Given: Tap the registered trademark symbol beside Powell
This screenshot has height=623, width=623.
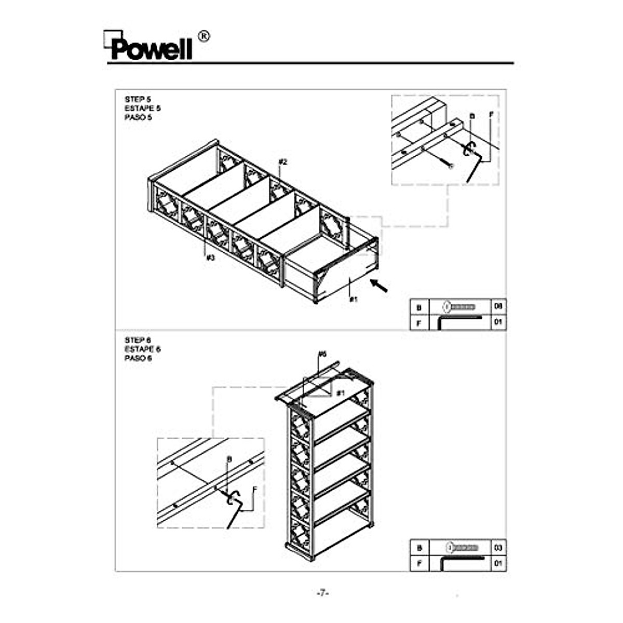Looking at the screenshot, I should point(204,36).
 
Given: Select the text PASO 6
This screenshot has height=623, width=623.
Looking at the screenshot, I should point(138,358).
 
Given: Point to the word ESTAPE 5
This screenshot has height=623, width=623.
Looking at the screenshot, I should point(142,108).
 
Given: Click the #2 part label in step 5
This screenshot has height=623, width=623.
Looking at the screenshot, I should point(282,162).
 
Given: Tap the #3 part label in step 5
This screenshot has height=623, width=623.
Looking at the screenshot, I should point(210,257).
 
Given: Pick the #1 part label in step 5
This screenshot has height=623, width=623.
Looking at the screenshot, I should point(354,299).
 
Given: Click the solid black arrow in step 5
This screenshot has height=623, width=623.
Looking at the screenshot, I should point(379,285).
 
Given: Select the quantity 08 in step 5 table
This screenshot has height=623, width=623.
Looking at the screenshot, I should point(498,306).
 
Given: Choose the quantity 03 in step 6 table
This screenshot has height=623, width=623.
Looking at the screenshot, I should point(498,547).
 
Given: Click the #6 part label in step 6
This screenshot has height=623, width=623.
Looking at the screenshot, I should point(322,354).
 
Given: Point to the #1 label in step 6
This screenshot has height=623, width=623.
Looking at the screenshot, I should point(340,393).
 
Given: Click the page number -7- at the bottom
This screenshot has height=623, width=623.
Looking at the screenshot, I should point(323,593).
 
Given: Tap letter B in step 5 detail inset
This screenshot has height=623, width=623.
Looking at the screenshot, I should point(472,116).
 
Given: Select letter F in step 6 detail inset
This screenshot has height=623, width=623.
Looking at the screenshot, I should point(254,489).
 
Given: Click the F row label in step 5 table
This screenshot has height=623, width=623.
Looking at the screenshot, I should point(419,323).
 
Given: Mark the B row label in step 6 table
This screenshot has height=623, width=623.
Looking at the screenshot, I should point(419,547).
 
